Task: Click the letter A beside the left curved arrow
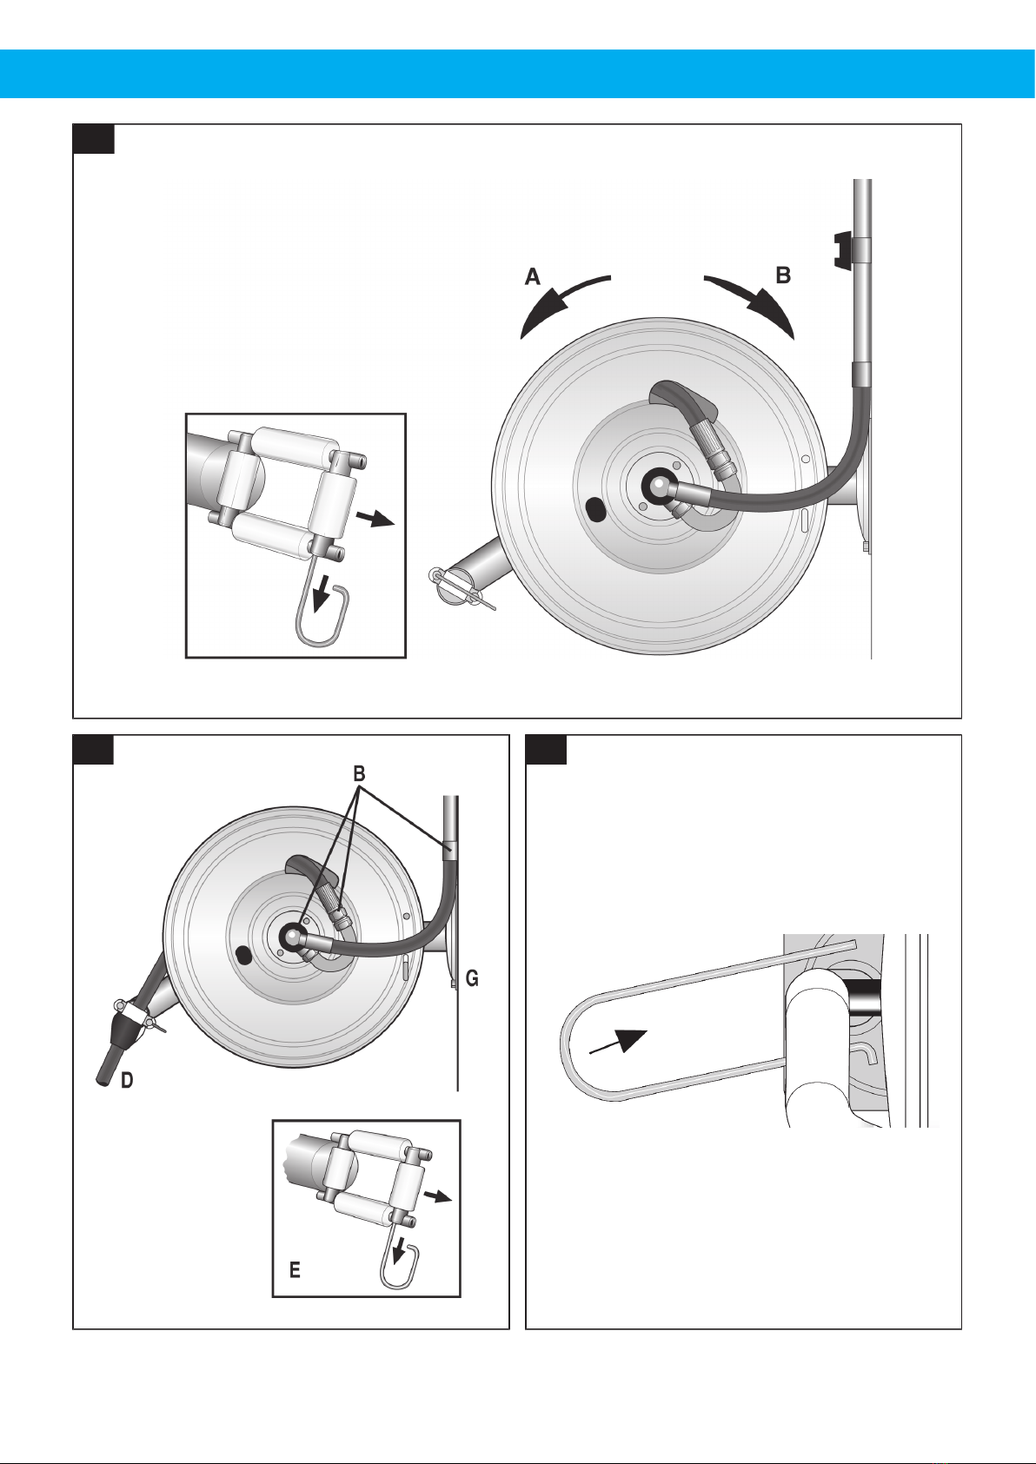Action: tap(533, 277)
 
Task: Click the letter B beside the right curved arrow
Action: tap(783, 275)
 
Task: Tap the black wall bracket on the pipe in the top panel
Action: tap(843, 249)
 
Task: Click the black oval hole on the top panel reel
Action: tap(596, 509)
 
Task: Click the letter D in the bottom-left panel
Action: tap(127, 1081)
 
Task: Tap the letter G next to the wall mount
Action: tap(472, 978)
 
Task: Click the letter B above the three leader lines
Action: tap(360, 774)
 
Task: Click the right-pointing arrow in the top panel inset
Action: tap(375, 520)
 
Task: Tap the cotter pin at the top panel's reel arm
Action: tap(462, 589)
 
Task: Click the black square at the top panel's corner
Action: tap(94, 138)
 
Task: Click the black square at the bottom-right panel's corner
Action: tap(547, 750)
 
